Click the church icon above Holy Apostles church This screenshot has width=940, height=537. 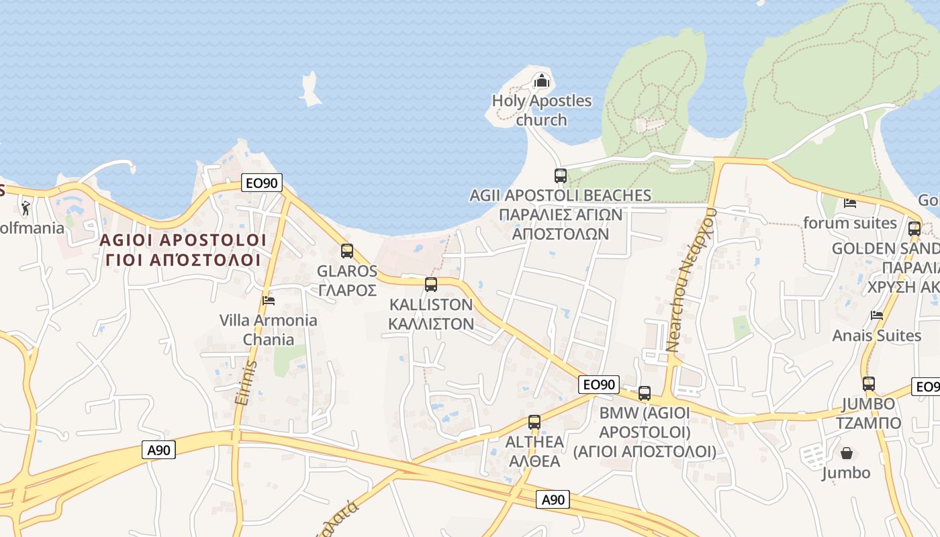coord(541,82)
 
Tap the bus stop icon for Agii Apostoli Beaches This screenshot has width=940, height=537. coord(561,176)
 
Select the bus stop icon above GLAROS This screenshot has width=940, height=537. coord(347,251)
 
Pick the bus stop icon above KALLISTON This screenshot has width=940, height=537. coord(431,284)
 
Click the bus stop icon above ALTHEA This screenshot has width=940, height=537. coord(534,422)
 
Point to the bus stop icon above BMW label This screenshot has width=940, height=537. coord(645,393)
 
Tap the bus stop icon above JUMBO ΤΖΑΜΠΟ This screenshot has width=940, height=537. coord(869,384)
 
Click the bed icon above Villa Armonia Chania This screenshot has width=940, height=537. coord(269,300)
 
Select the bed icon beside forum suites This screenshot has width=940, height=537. coord(850,203)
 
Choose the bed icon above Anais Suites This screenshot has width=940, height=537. coord(877,315)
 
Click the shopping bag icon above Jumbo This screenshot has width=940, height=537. coord(846,454)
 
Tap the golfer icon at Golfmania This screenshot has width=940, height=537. coord(26,208)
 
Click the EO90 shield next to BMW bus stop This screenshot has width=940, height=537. coord(598,385)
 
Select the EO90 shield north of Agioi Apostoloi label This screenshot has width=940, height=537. coord(262,182)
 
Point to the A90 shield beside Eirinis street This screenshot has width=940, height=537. coord(159,450)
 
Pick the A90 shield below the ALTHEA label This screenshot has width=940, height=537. coord(553,499)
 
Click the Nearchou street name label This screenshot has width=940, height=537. coord(692,279)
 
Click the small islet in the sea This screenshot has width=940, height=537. coord(310,90)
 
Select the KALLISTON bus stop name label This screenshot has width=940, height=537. coord(431,313)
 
